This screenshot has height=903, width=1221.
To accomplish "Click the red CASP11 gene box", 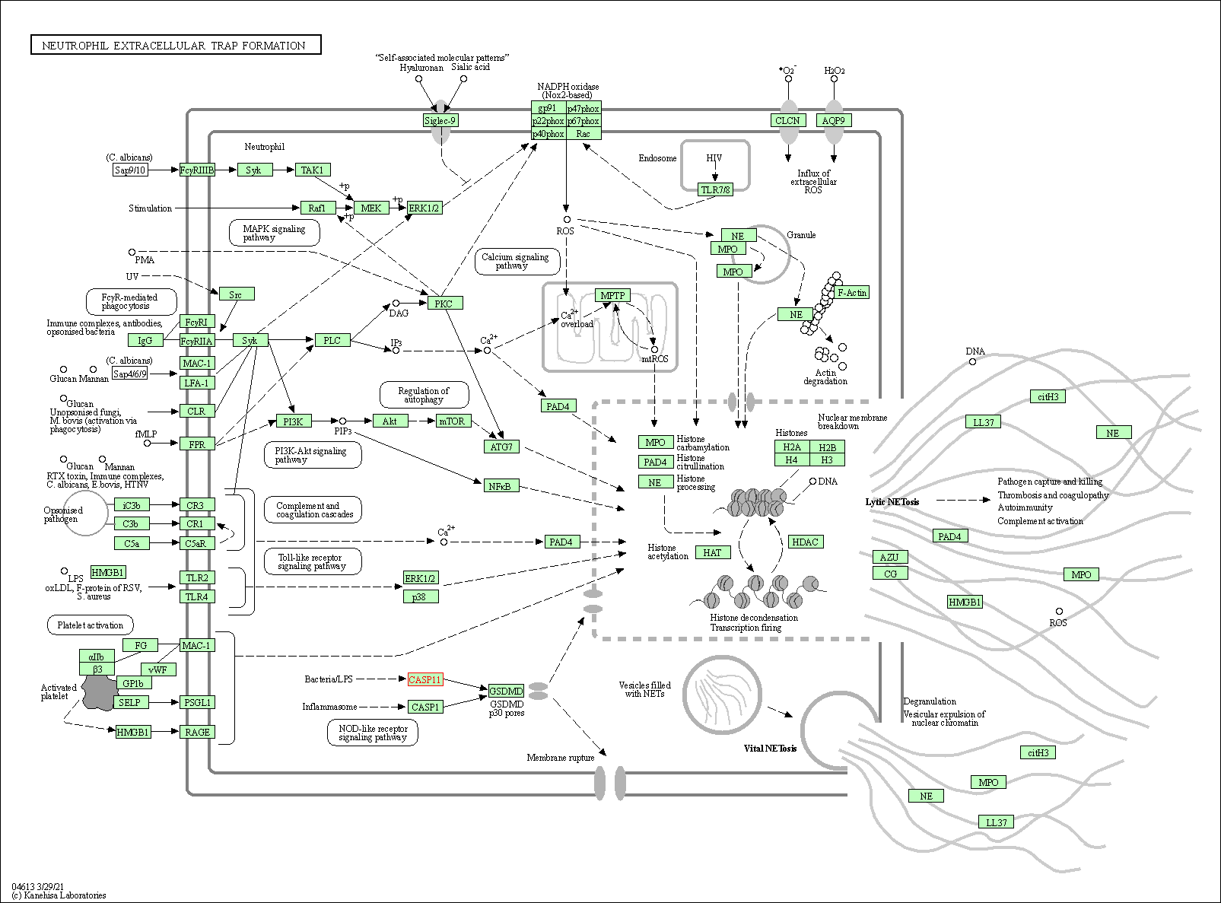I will click(x=425, y=679).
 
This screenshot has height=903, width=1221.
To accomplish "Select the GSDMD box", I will click(x=506, y=691).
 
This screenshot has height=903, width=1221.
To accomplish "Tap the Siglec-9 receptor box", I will click(x=440, y=120).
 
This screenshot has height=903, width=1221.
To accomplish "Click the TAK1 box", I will click(x=313, y=170).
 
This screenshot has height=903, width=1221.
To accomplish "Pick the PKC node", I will click(x=444, y=304).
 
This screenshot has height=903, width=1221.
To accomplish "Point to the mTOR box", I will click(x=452, y=421).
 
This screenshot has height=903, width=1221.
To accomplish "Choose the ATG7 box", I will click(x=501, y=447).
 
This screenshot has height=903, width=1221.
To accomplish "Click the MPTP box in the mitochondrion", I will click(x=612, y=295).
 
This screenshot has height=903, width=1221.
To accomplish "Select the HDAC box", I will click(x=805, y=542).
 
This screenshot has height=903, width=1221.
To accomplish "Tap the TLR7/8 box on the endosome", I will click(x=716, y=189).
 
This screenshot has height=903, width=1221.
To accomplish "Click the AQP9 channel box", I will click(x=834, y=120).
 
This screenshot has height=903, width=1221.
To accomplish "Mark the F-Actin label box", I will click(x=852, y=292).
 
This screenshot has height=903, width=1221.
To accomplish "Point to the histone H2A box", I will click(x=792, y=447).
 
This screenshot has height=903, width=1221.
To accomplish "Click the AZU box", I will click(x=889, y=557).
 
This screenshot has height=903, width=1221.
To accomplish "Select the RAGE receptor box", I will click(x=197, y=732).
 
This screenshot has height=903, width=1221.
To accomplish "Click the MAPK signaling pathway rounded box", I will click(x=274, y=233).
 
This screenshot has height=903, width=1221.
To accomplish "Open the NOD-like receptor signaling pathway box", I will click(x=373, y=733).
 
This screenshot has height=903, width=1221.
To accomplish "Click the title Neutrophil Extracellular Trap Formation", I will click(x=175, y=46).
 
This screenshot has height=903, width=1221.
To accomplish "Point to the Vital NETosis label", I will click(x=770, y=749).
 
